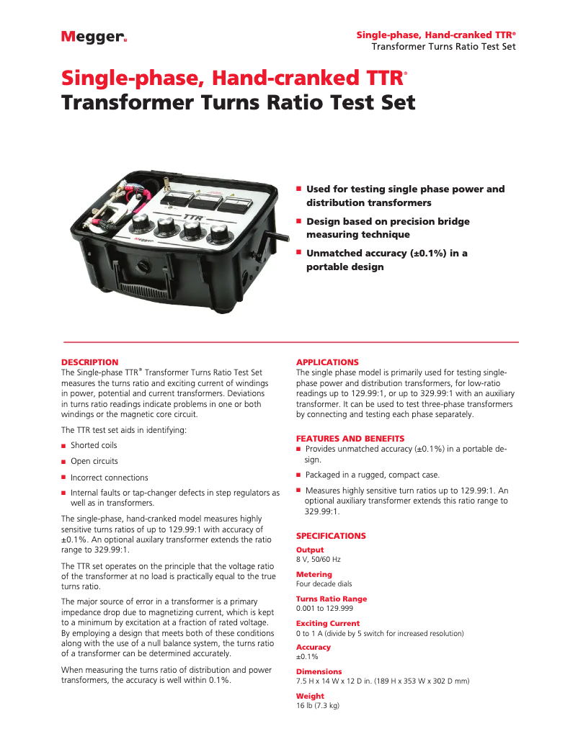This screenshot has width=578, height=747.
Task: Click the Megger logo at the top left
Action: tap(94, 37)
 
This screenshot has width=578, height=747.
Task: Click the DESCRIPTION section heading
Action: tap(89, 362)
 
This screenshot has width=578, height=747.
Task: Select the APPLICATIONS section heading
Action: tap(327, 362)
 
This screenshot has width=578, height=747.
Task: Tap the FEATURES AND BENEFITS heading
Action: tap(350, 438)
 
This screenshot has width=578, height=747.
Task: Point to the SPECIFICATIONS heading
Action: tap(332, 536)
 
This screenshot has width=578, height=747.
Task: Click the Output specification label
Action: tap(310, 550)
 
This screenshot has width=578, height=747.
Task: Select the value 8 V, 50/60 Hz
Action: tap(319, 559)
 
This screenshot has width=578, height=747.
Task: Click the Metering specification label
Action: tap(314, 575)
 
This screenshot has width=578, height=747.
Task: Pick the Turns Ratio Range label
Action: tap(332, 599)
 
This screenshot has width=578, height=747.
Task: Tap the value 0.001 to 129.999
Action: tap(324, 609)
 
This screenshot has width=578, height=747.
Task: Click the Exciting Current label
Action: tap(328, 623)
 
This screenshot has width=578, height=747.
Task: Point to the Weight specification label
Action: tap(310, 696)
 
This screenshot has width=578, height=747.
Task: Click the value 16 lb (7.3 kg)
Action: tap(318, 705)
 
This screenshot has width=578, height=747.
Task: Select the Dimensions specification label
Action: tap(319, 672)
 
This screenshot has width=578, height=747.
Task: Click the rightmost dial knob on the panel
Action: tap(218, 235)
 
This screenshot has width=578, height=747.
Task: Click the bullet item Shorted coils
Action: tap(94, 445)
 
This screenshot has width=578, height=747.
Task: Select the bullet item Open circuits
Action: tap(94, 461)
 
